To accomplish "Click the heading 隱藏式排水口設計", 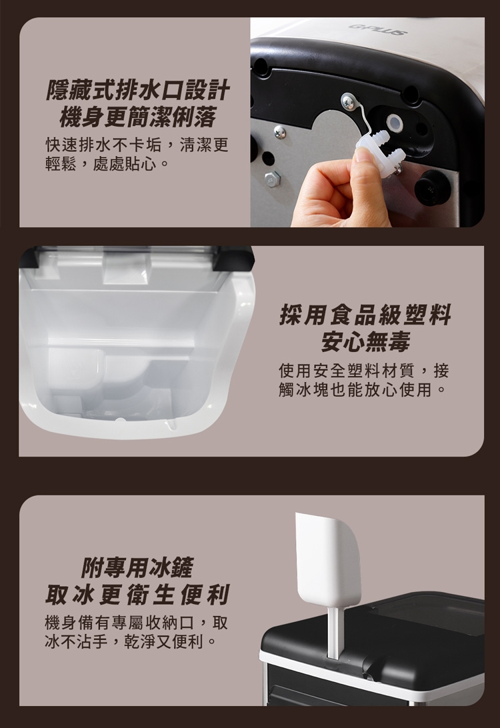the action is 137,91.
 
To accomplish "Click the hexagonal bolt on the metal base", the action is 273,179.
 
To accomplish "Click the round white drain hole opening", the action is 395,121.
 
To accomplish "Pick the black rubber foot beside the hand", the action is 432,188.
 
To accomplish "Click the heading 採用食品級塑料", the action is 365,315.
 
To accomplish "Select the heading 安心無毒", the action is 365,342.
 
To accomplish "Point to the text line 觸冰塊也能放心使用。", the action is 362,389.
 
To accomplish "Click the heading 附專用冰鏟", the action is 137,567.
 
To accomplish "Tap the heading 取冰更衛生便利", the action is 137,594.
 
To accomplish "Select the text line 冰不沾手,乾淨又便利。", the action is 131,641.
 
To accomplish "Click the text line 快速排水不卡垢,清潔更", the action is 137,145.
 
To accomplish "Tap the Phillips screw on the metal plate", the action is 279,132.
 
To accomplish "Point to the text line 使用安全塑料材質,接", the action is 364,371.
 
